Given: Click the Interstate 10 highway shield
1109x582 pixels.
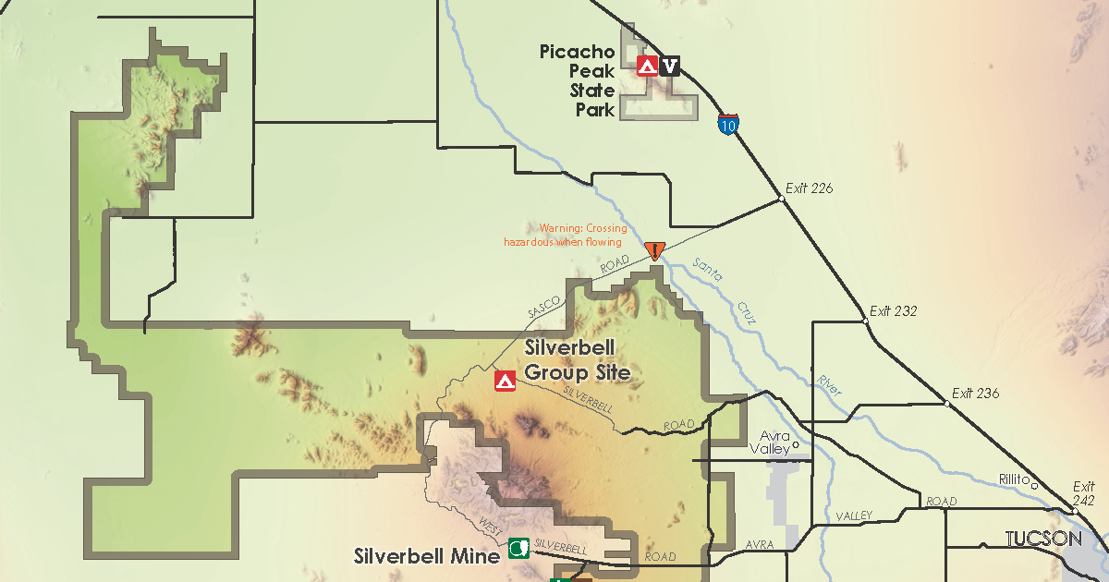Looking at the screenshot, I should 728,125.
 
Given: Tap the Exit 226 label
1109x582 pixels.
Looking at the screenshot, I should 809,188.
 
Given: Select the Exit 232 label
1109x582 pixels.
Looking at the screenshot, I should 893,311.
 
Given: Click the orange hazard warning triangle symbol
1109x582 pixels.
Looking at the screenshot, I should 655,250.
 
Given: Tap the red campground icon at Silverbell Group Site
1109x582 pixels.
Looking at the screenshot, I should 505,381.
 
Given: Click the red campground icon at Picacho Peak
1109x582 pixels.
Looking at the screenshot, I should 647,66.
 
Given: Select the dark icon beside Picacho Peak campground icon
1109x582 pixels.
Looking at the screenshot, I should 670,66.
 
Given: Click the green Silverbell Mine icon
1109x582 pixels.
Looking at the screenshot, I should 518,549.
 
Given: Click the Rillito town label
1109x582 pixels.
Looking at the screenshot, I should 1014,479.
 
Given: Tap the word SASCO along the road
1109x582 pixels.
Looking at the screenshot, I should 544,308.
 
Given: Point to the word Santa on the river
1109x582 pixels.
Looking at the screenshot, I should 708,272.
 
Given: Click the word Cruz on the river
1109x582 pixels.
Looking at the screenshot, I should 746,312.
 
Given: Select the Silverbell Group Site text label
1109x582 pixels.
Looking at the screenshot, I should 577,361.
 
